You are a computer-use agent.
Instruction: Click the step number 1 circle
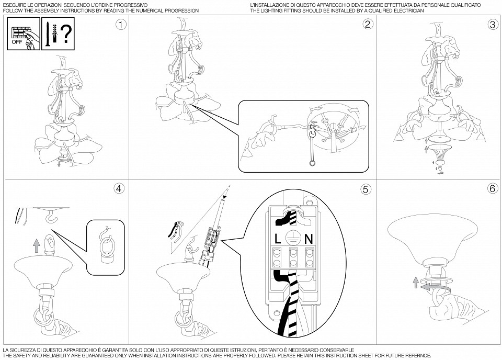pyautogui.click(x=121, y=25)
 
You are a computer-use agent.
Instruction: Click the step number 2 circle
pyautogui.click(x=368, y=25)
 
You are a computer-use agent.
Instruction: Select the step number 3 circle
pyautogui.click(x=493, y=25)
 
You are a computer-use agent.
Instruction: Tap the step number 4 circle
pyautogui.click(x=119, y=189)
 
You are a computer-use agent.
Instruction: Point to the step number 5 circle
pyautogui.click(x=366, y=189)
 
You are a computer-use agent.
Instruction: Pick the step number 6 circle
pyautogui.click(x=493, y=189)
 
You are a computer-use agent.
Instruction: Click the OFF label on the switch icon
pyautogui.click(x=17, y=42)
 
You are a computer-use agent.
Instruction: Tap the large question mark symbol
pyautogui.click(x=66, y=34)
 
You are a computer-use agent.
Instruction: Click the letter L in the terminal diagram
pyautogui.click(x=278, y=239)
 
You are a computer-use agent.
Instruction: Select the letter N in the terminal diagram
pyautogui.click(x=309, y=239)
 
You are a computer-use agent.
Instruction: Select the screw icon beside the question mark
pyautogui.click(x=47, y=33)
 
